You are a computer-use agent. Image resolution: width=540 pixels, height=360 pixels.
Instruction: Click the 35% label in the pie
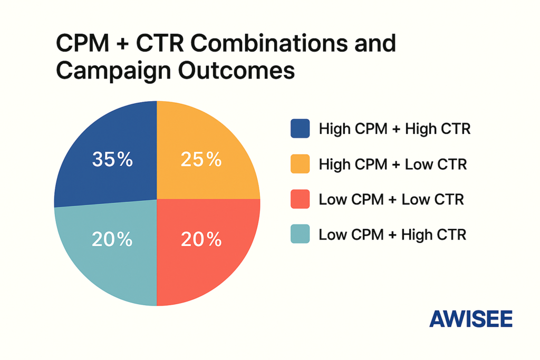click(112, 159)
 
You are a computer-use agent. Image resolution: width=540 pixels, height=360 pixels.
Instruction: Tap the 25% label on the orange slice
click(200, 159)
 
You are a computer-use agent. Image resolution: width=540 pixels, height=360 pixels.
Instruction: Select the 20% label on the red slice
click(200, 240)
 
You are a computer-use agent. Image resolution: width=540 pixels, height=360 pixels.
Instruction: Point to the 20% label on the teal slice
click(112, 240)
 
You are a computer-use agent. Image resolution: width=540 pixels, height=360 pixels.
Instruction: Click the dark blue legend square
click(300, 129)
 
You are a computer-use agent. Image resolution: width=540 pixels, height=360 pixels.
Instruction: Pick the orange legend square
click(300, 164)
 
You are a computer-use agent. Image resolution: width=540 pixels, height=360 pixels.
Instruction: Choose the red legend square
click(300, 199)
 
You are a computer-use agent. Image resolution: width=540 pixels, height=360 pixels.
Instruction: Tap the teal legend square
click(300, 234)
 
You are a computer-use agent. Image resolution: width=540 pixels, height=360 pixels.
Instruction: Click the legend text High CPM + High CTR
click(394, 129)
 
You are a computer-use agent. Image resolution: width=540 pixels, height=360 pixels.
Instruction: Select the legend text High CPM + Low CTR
click(393, 164)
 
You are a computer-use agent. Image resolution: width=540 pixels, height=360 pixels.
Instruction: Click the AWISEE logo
click(470, 318)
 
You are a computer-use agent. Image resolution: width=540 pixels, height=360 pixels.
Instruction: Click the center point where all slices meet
click(157, 199)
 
